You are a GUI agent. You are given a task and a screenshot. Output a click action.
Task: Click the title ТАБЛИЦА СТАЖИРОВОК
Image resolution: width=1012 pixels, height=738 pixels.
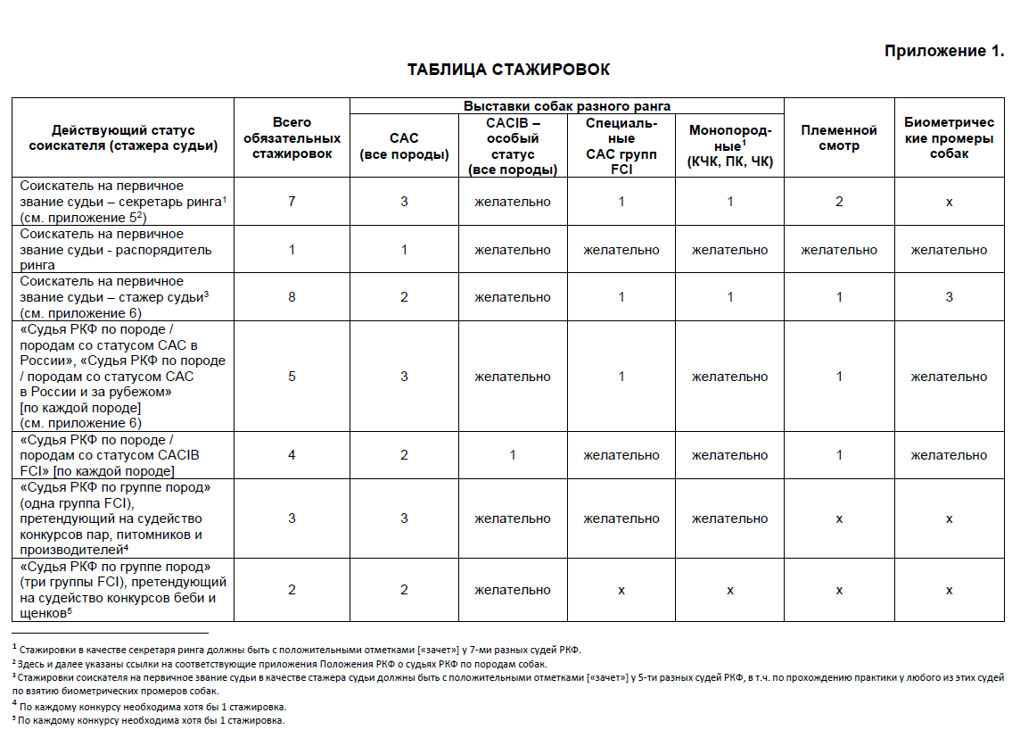click(x=508, y=70)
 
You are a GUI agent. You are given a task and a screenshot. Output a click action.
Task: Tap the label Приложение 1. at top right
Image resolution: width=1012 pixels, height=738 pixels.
click(x=943, y=51)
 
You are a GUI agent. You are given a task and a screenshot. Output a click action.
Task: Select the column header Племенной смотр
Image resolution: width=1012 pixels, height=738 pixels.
click(x=838, y=138)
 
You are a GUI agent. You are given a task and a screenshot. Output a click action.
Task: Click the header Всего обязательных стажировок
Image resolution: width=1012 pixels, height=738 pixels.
click(x=292, y=138)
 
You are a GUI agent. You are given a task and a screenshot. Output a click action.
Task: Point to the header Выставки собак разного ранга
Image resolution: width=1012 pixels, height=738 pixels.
click(x=566, y=105)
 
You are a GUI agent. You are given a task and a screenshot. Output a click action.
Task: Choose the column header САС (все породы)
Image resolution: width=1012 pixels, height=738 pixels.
click(x=404, y=146)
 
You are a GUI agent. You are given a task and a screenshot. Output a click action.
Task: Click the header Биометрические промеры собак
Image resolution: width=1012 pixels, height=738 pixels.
click(x=949, y=138)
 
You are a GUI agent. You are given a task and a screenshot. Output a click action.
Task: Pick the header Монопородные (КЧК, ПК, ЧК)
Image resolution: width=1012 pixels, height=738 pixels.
click(x=729, y=146)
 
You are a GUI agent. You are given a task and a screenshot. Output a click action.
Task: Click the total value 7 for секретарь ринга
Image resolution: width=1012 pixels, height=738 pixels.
click(x=292, y=202)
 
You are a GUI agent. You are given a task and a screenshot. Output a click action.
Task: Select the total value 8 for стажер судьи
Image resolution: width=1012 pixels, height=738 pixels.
click(x=292, y=296)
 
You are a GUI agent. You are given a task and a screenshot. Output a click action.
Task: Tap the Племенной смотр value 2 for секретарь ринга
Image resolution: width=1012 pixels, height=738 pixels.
click(x=839, y=202)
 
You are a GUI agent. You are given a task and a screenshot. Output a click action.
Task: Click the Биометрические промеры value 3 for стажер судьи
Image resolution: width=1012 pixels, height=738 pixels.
click(x=949, y=296)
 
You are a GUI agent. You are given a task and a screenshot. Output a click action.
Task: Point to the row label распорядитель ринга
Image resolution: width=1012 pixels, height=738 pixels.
click(x=116, y=249)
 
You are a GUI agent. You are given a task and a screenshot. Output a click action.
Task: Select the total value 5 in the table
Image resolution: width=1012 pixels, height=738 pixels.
click(x=292, y=377)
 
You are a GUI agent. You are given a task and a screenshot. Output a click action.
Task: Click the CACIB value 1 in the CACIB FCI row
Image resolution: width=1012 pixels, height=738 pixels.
click(x=513, y=455)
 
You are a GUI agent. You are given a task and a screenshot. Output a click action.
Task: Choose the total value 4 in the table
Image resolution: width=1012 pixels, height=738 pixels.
click(x=292, y=455)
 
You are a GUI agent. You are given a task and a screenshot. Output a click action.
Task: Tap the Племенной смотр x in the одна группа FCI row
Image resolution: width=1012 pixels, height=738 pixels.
click(x=839, y=518)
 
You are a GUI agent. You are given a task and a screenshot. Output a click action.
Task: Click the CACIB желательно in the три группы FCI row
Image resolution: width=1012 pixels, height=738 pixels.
click(x=513, y=590)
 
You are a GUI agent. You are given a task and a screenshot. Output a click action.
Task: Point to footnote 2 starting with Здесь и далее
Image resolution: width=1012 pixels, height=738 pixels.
click(x=282, y=664)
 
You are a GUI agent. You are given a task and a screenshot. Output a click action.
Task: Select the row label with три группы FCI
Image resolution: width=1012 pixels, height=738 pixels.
click(x=116, y=590)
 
